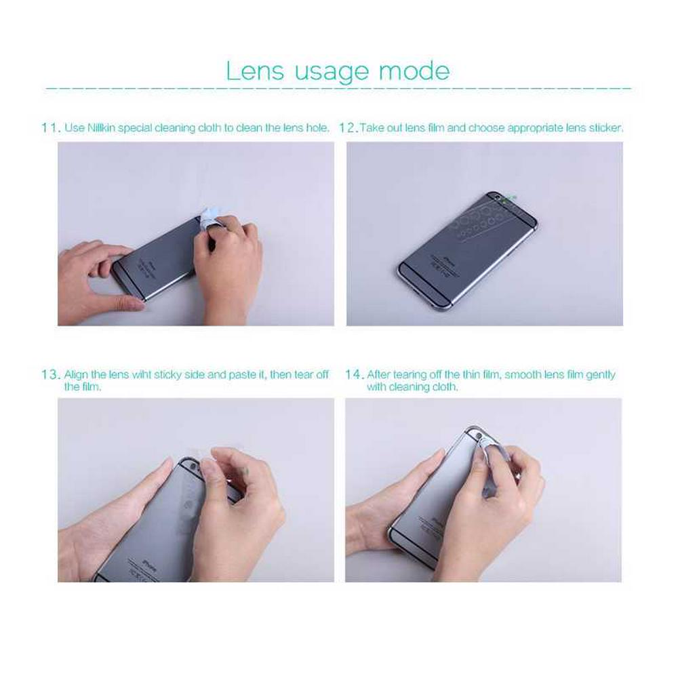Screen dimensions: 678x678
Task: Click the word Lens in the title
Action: point(255,71)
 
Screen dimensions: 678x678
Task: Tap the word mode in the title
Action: point(414,71)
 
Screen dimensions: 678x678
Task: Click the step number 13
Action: point(51,374)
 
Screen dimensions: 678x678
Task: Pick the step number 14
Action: point(354,374)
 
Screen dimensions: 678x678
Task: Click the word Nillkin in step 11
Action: point(101,128)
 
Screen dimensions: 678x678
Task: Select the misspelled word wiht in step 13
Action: point(142,374)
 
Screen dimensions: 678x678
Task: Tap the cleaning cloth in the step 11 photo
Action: point(211,219)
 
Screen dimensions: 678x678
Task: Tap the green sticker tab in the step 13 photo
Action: point(247,471)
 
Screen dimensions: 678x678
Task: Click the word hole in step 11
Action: point(317,128)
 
